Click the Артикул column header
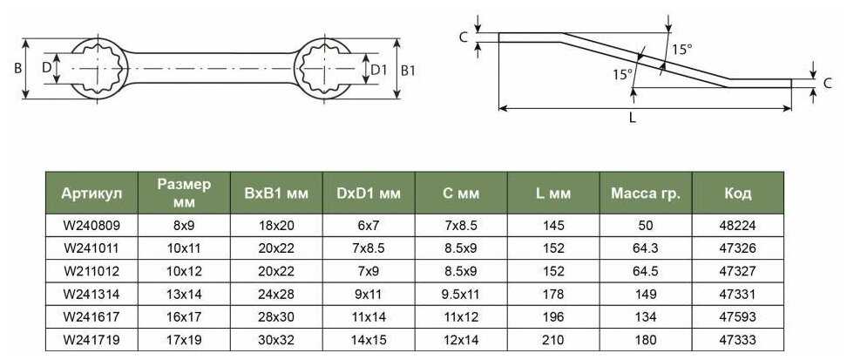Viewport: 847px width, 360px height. point(91,193)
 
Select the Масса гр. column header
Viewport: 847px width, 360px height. point(646,193)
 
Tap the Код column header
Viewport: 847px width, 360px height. point(738,193)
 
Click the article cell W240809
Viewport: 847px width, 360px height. point(91,226)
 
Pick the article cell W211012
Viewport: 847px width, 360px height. point(91,271)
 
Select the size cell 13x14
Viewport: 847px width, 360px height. point(184,294)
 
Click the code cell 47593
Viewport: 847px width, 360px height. point(738,316)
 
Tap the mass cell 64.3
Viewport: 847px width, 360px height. point(646,248)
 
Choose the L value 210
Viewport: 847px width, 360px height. point(553,340)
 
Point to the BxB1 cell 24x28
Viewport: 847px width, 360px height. point(276,294)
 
